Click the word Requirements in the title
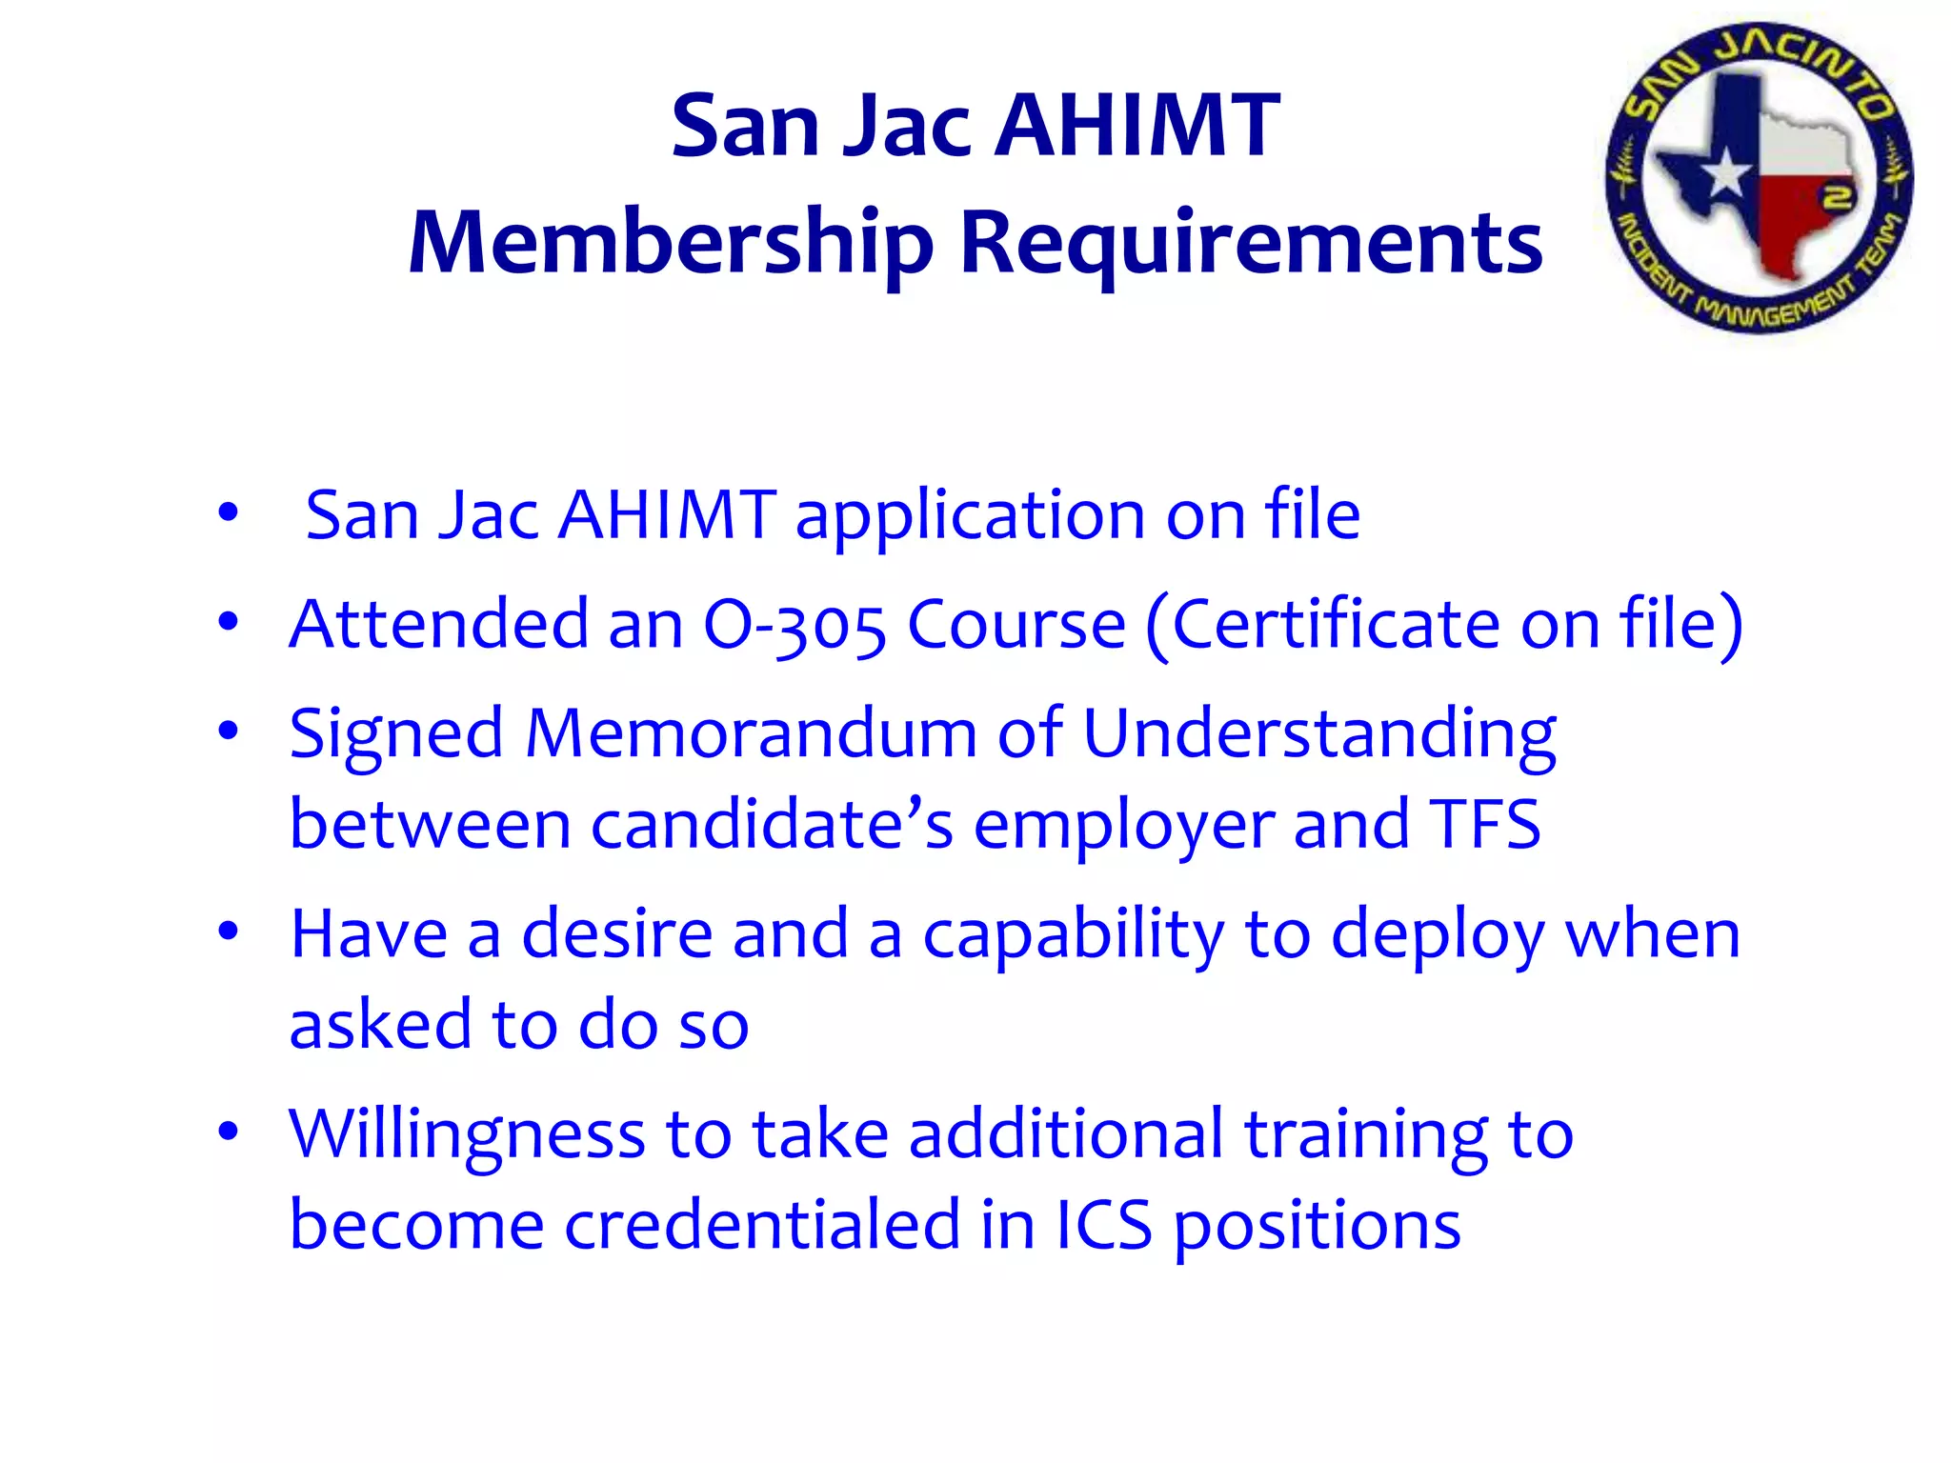click(x=1251, y=244)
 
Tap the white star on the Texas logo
click(x=1725, y=175)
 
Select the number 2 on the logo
click(x=1838, y=197)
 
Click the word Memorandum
click(x=751, y=733)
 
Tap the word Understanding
click(x=1319, y=735)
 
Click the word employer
click(x=1123, y=826)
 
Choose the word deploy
click(x=1438, y=935)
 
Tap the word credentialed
click(x=762, y=1225)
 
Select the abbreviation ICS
click(x=1103, y=1225)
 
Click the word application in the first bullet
click(x=970, y=517)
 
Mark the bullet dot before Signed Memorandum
click(x=228, y=731)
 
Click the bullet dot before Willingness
click(x=228, y=1132)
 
